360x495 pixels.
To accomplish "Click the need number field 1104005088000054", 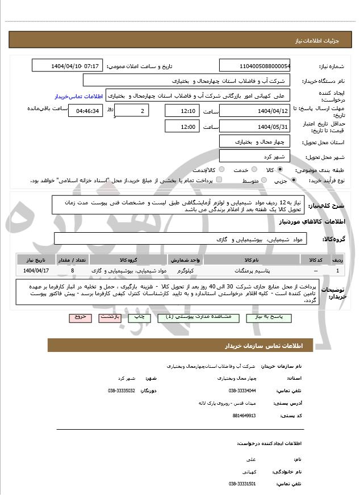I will click(x=254, y=66).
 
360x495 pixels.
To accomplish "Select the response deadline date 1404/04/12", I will click(x=254, y=110).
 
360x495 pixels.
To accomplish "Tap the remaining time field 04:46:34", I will click(x=85, y=111).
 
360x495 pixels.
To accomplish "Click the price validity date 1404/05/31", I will click(x=254, y=127).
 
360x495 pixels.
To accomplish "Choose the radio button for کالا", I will click(x=280, y=170).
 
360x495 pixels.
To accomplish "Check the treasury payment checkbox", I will click(x=219, y=180).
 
